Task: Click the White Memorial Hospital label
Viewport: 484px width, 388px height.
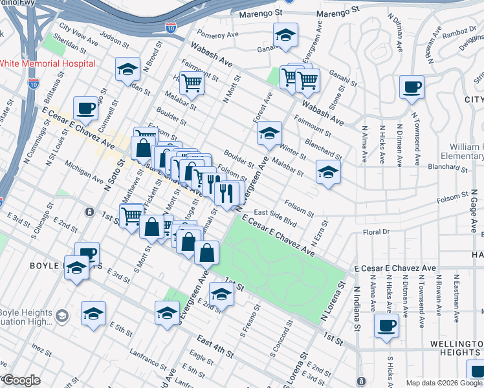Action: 48,63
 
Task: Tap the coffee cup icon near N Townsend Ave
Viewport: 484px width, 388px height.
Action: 411,87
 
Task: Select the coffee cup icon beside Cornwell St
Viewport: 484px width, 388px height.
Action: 86,109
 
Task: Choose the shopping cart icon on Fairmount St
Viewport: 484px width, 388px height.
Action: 192,83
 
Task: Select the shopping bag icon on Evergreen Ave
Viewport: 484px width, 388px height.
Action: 206,253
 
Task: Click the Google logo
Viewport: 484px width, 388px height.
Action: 21,380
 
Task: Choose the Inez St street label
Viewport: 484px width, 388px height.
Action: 41,351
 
